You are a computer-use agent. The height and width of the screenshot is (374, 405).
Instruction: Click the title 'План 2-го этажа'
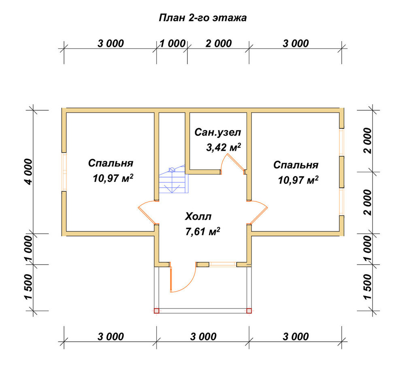pos(202,18)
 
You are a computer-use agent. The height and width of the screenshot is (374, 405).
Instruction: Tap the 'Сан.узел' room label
pos(217,133)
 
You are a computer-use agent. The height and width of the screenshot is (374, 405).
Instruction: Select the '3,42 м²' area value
pos(224,147)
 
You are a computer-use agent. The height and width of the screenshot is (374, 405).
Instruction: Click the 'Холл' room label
pos(198,216)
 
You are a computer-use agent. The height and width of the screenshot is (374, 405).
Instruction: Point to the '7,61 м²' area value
pos(203,231)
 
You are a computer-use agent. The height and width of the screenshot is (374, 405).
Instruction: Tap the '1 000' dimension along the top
pos(172,43)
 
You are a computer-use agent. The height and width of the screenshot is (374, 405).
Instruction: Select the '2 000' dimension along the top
pos(219,43)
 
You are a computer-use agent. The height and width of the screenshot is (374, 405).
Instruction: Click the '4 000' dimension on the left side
pos(28,172)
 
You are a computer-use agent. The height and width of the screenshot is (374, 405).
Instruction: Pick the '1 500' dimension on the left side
pos(28,287)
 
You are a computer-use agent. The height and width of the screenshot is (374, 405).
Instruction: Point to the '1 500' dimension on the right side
pos(368,287)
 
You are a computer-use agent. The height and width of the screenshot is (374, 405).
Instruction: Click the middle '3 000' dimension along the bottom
pos(203,337)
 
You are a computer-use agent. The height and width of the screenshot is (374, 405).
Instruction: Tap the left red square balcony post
pos(156,311)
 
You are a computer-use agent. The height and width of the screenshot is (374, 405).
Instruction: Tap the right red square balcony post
pos(249,311)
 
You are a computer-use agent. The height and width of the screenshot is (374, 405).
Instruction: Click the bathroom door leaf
pos(236,162)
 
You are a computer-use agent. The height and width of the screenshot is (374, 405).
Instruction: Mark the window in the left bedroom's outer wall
pos(64,172)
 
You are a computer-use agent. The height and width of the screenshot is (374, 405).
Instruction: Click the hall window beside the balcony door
pos(223,264)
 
